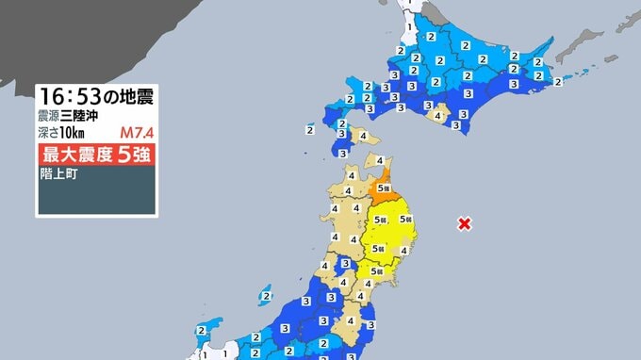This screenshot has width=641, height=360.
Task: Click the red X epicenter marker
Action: (x=464, y=223)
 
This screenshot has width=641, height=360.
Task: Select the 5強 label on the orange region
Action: (x=383, y=188)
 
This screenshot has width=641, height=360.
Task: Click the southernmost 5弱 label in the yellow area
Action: (x=376, y=271)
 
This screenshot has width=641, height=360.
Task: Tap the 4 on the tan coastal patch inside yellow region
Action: (x=404, y=251)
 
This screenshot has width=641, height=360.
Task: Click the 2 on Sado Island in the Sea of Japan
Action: (x=268, y=296)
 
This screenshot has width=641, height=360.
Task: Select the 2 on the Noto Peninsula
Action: (x=202, y=331)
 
